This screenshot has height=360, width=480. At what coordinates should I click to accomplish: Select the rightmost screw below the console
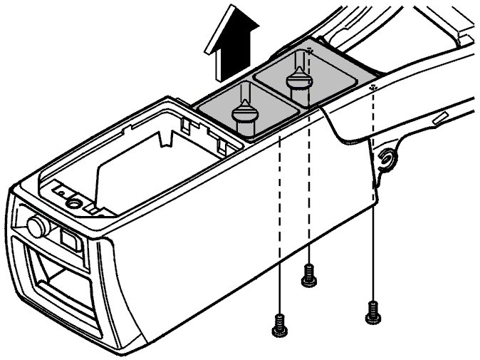[371, 311]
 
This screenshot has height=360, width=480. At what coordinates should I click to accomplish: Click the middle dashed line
[309, 178]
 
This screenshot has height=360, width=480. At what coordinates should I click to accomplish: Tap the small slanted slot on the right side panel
[439, 118]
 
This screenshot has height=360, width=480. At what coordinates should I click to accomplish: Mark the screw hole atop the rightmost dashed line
[374, 87]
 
